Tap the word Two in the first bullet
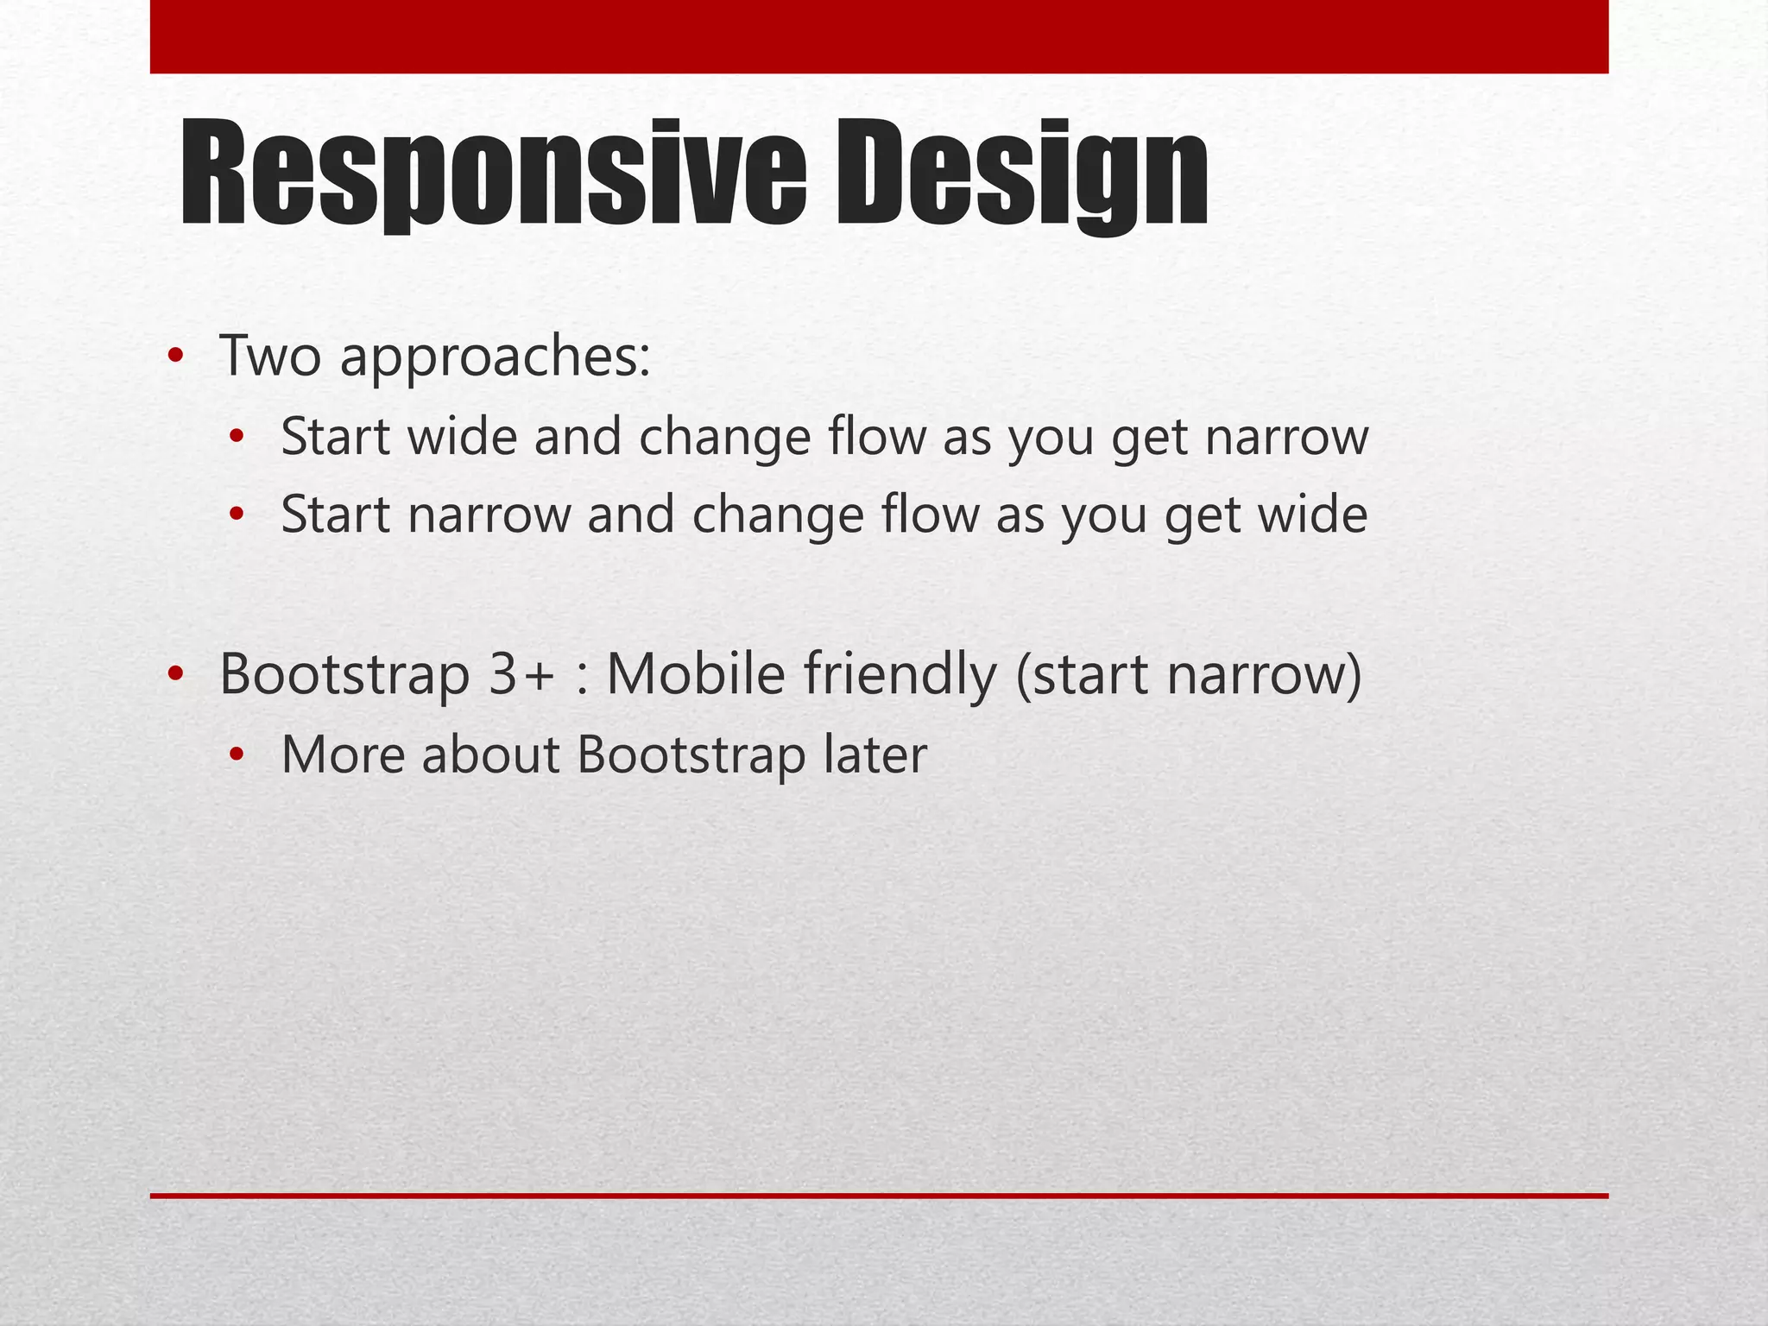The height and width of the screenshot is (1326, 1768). [x=270, y=356]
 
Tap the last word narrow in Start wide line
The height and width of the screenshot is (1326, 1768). [x=1286, y=438]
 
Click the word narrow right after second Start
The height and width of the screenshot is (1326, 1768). [x=489, y=515]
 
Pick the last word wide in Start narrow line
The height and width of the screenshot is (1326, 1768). [x=1312, y=515]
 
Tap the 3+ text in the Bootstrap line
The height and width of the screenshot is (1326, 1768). [x=520, y=675]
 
